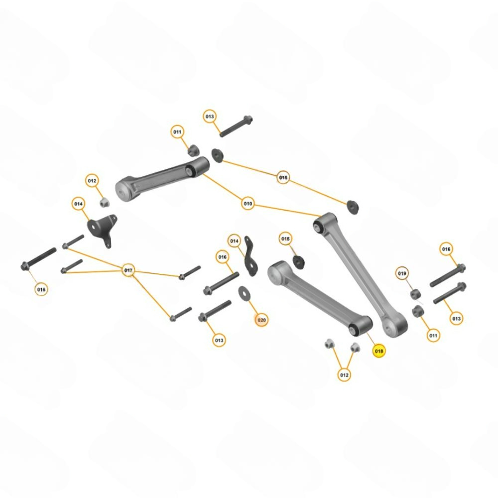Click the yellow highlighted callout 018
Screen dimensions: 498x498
pos(379,351)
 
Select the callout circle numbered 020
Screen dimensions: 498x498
pos(261,320)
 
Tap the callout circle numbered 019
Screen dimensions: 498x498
pos(402,273)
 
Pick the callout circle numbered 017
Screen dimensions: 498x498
pos(128,270)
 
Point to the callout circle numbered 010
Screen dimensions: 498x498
pos(248,204)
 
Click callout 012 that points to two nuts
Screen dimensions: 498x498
pos(344,374)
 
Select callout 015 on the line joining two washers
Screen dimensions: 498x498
pos(283,177)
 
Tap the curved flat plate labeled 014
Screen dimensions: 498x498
pos(249,256)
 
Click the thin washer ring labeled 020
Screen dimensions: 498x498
pos(244,292)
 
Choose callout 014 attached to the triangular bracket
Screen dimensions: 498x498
pos(79,204)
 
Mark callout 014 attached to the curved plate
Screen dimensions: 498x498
pos(234,241)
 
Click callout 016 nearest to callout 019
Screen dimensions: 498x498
pos(446,249)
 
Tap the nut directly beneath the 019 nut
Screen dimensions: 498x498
pos(418,312)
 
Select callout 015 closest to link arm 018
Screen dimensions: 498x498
pos(285,239)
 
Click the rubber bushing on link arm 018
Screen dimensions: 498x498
pos(356,329)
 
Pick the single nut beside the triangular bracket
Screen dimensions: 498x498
pos(105,202)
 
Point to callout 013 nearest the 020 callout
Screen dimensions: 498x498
pos(219,340)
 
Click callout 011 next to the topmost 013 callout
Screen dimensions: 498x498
pos(177,132)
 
